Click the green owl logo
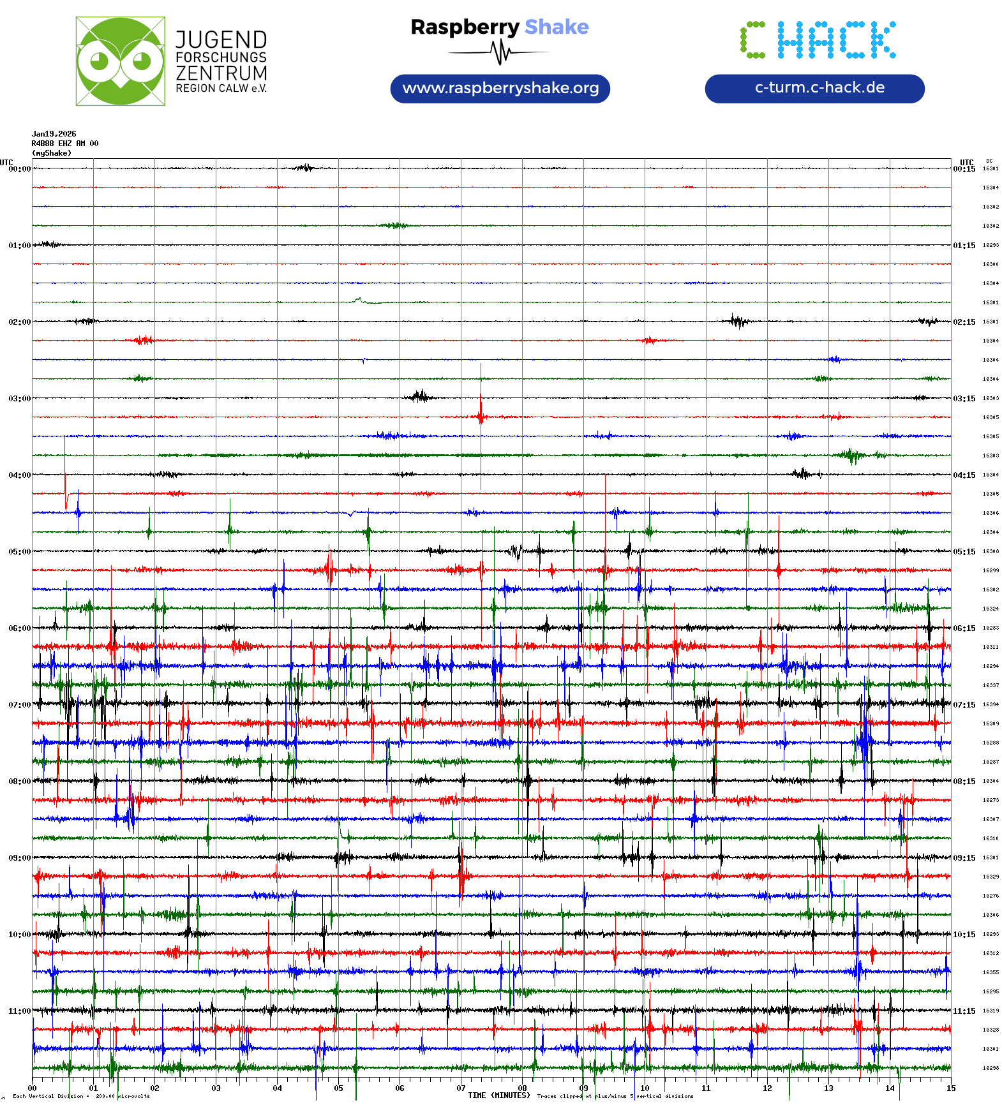point(120,61)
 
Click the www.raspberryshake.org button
point(500,88)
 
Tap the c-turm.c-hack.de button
point(814,88)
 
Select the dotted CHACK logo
point(818,40)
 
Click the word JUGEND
point(221,40)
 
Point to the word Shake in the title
point(557,27)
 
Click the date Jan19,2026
point(54,134)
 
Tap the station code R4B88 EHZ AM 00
point(64,144)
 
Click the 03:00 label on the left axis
point(19,398)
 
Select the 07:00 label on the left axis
point(19,704)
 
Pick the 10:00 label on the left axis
point(19,934)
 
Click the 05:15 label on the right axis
point(964,551)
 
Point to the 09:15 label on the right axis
point(964,857)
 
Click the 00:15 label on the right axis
point(964,168)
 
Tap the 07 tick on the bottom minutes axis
point(461,1088)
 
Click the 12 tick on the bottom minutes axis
point(767,1088)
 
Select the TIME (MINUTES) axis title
point(499,1095)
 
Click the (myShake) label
point(52,153)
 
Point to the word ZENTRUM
point(221,73)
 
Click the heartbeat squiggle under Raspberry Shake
point(500,52)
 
